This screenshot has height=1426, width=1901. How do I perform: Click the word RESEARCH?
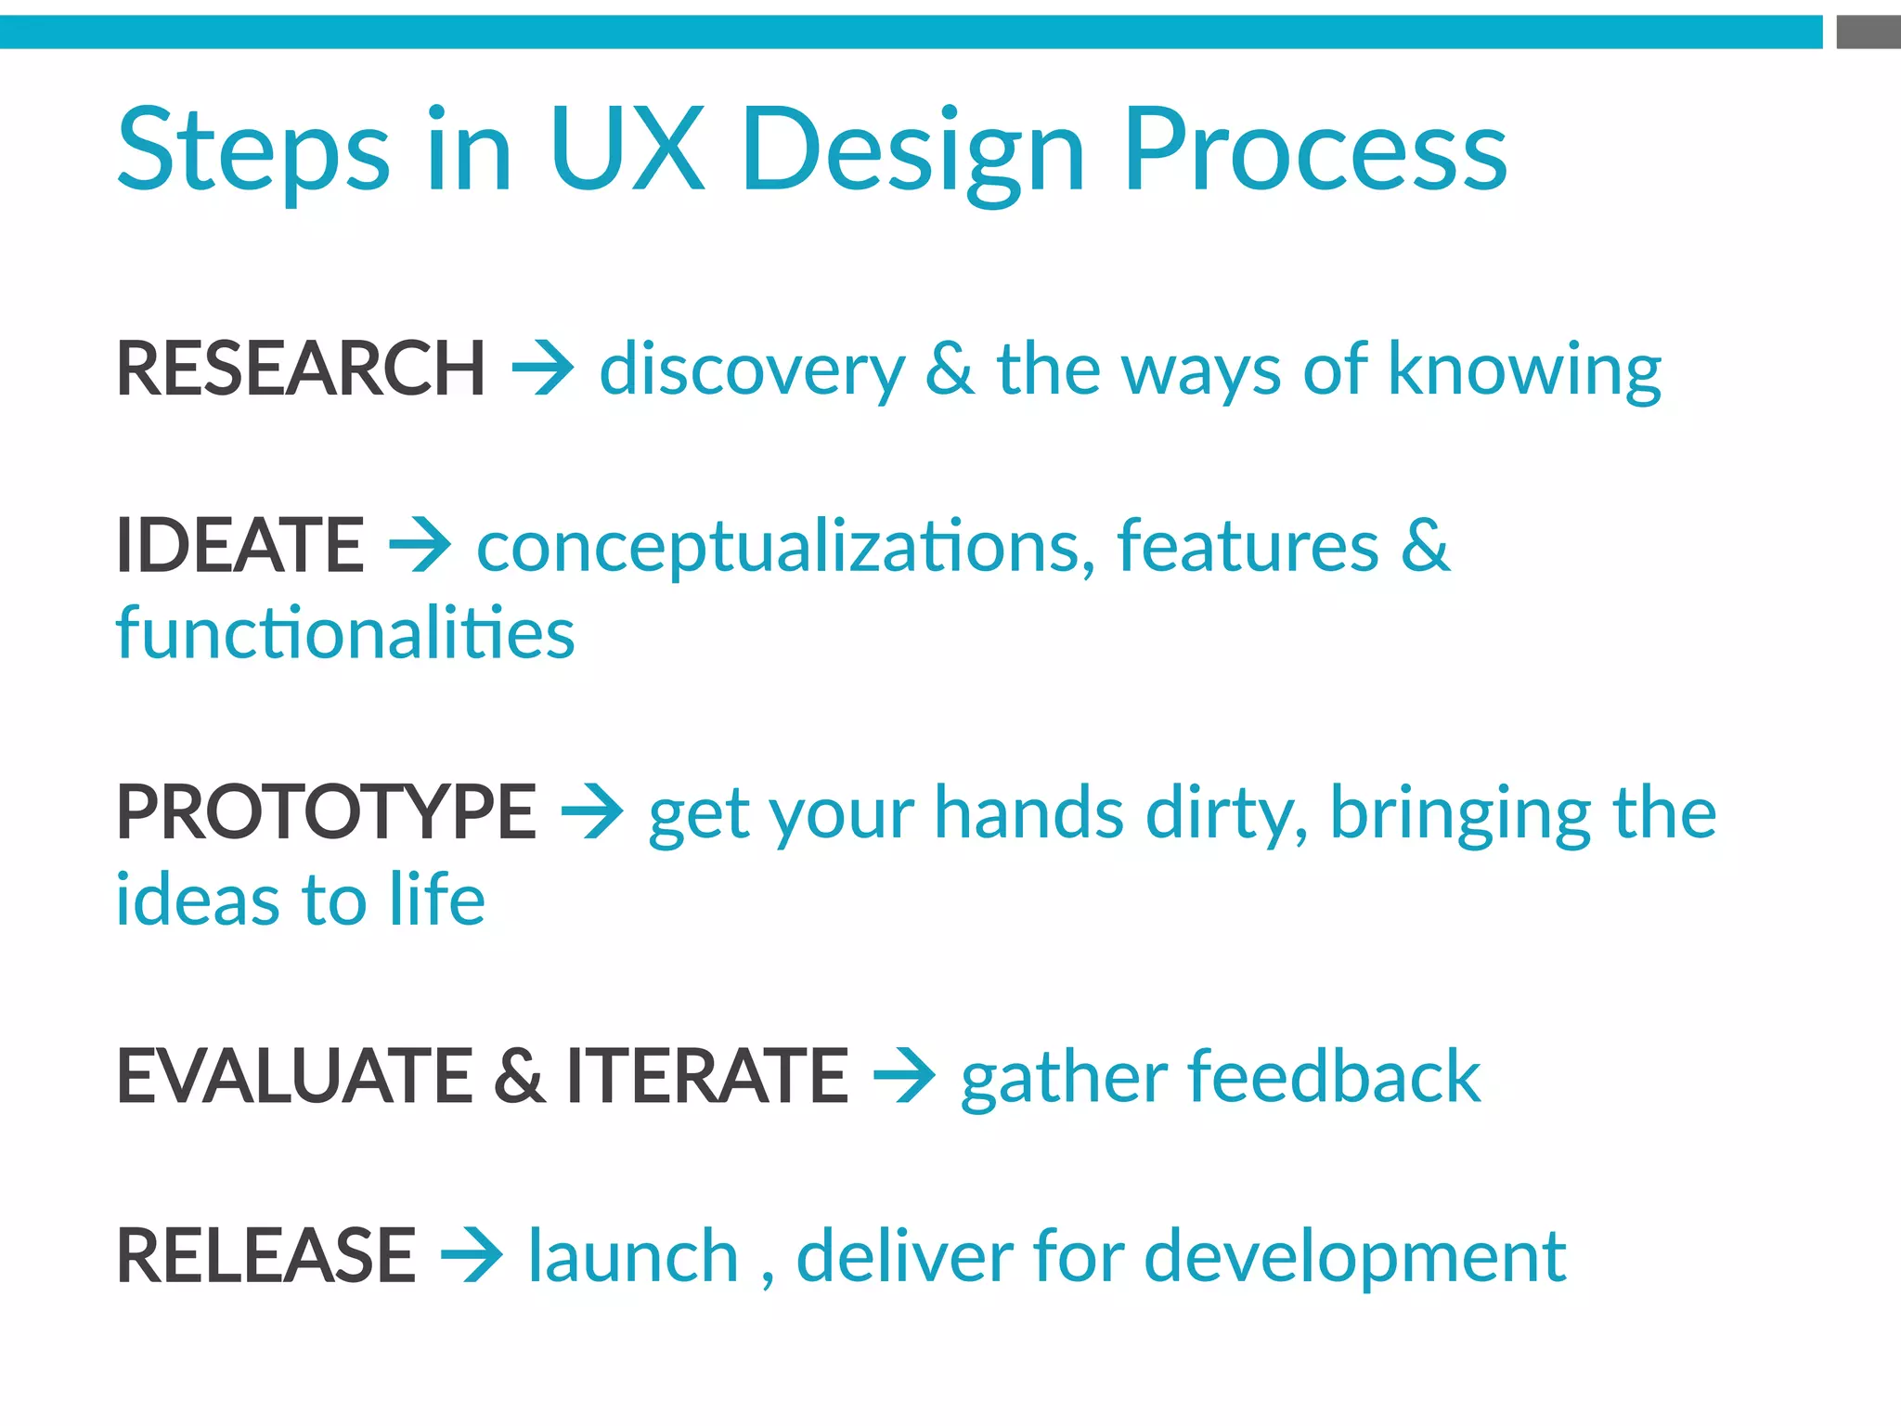[300, 369]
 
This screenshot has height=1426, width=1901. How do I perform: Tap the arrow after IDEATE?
[420, 545]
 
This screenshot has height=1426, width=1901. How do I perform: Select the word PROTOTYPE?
[326, 812]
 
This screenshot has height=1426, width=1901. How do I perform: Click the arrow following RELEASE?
[472, 1256]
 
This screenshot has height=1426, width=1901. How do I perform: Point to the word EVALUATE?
[294, 1076]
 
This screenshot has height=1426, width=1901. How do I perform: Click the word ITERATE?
[707, 1076]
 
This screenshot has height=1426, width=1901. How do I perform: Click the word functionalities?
[345, 633]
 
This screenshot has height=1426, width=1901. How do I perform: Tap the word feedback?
[1334, 1076]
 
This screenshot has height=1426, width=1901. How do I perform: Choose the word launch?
[633, 1256]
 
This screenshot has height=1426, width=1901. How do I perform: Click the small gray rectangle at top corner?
[1868, 32]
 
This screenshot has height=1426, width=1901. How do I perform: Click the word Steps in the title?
[253, 151]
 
